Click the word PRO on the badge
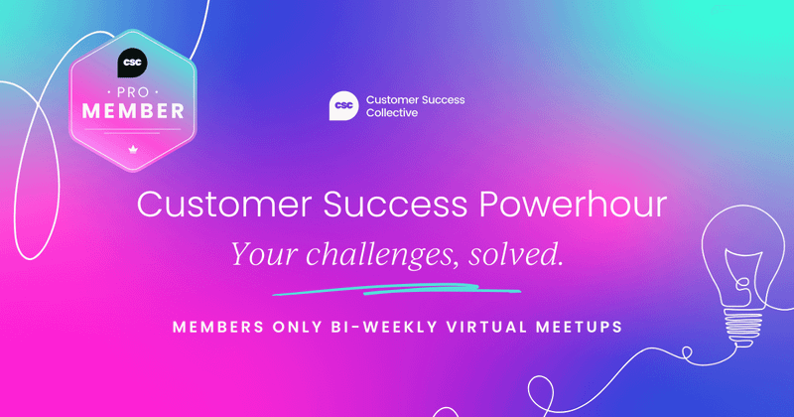[132, 90]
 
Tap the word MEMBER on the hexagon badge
[132, 110]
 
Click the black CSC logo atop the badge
[132, 63]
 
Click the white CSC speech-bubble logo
[343, 106]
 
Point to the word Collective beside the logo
[391, 113]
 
